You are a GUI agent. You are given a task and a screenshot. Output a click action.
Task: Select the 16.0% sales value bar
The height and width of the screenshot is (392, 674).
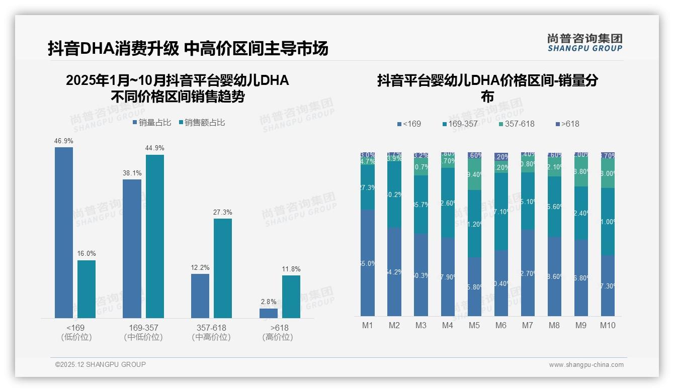pos(87,289)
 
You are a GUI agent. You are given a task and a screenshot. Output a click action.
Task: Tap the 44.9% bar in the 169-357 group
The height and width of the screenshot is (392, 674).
pos(155,236)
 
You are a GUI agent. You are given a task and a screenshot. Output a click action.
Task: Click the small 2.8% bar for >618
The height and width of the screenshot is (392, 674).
pos(269,313)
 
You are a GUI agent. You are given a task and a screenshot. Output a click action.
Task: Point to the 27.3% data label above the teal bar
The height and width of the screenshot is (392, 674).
pos(223,213)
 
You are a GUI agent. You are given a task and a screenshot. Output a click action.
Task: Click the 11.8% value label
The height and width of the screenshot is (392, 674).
pos(291,269)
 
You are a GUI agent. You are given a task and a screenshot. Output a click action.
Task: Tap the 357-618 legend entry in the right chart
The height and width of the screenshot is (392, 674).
pos(517,124)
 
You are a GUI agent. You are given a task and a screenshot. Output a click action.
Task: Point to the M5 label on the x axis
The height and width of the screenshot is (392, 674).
pos(474,325)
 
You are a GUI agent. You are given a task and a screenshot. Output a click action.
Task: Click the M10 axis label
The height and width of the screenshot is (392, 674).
pos(608,325)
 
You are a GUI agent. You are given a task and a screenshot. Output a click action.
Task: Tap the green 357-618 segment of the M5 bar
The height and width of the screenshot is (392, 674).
pos(474,174)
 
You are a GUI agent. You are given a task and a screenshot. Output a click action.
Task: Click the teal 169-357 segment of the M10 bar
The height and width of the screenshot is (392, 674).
pos(608,221)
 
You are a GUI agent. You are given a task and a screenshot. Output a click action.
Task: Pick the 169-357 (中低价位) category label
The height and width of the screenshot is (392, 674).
pos(143,332)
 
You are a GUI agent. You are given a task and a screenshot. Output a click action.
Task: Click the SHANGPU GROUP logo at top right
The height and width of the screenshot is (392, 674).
pos(584,43)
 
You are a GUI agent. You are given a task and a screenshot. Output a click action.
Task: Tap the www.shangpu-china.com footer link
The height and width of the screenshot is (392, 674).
pos(586,365)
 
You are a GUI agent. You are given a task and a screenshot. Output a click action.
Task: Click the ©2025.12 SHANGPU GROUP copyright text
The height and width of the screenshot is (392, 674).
pos(101,364)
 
